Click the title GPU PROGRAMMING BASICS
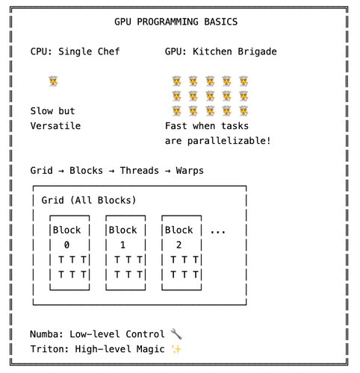click(176, 22)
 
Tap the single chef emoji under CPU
click(53, 81)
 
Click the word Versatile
click(55, 126)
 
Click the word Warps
click(190, 171)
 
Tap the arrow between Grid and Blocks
click(61, 171)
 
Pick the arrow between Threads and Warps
click(167, 171)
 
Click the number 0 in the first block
click(66, 245)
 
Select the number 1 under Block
click(122, 245)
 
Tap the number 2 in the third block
click(179, 245)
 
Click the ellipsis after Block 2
click(218, 232)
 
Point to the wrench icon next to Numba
click(176, 334)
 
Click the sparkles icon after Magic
click(176, 349)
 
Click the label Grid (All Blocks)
click(89, 201)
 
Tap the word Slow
click(42, 111)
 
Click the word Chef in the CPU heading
click(108, 51)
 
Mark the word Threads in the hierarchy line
click(140, 171)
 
